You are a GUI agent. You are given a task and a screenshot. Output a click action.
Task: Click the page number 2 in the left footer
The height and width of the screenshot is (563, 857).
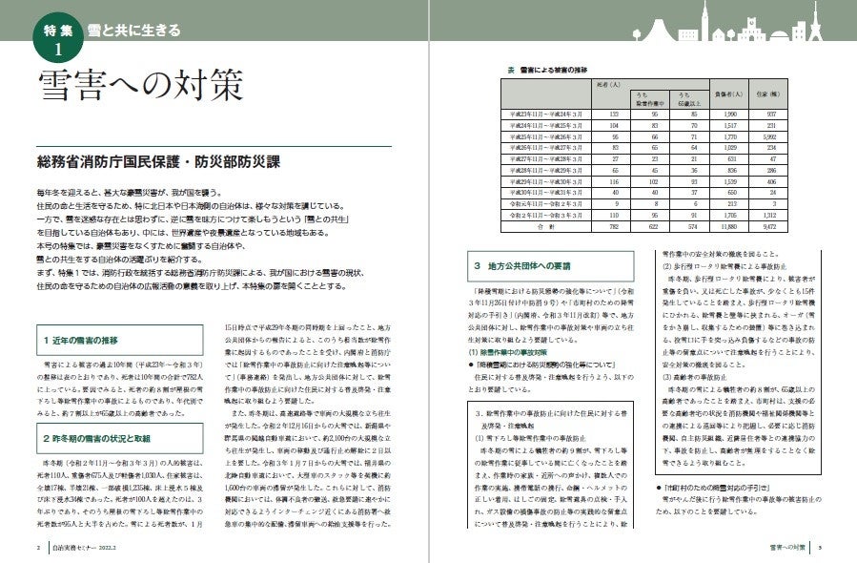(x=37, y=548)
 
